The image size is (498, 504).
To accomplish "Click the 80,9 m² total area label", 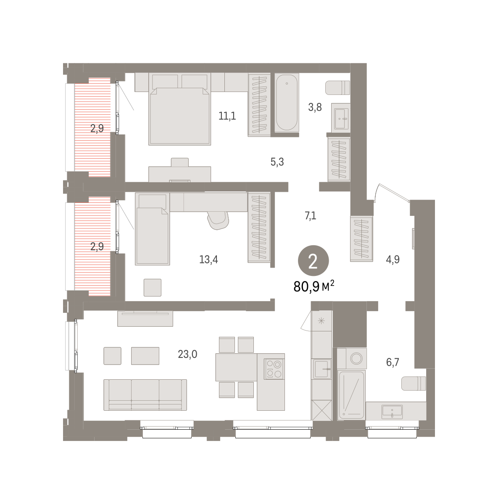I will point(314,286).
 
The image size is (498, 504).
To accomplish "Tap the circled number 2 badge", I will point(313,261).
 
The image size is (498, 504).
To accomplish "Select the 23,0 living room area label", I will point(187,354).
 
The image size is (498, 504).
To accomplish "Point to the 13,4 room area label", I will point(208,260).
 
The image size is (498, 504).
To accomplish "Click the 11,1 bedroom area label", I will point(227,116).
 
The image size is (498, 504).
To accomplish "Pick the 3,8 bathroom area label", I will point(315,107).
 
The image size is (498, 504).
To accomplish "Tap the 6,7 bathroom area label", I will point(393,362).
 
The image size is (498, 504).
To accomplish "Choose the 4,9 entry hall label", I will point(393,260).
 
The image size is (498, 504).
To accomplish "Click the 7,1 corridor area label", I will point(310,216).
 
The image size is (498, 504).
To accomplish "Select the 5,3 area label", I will point(277,162).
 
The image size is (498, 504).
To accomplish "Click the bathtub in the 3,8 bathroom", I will point(287,102).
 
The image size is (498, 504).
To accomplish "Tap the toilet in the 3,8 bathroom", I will point(337,88).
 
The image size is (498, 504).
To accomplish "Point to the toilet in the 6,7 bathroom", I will point(413,383).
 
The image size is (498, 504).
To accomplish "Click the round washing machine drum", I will point(356,358).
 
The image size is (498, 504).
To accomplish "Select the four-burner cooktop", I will point(274,369).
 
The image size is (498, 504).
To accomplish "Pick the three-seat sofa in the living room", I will point(145,394).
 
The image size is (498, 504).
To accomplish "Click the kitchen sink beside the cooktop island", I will point(322,369).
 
